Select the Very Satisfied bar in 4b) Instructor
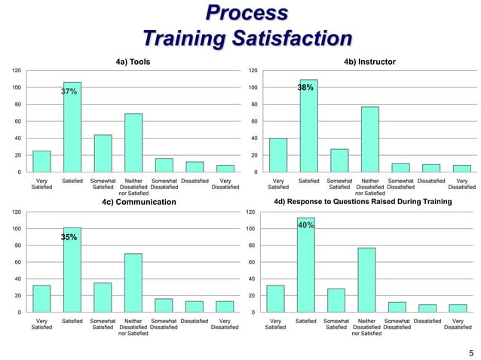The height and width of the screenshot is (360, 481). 278,155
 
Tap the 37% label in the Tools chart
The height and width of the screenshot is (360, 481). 69,91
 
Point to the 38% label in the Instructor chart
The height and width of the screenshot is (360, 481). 305,88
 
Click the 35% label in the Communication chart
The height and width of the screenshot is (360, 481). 69,237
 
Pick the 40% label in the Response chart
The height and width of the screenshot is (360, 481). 306,225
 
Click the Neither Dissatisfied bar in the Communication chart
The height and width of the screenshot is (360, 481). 133,283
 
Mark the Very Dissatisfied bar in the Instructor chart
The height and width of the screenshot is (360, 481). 461,169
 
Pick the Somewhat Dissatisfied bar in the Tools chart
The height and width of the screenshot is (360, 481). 164,166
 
